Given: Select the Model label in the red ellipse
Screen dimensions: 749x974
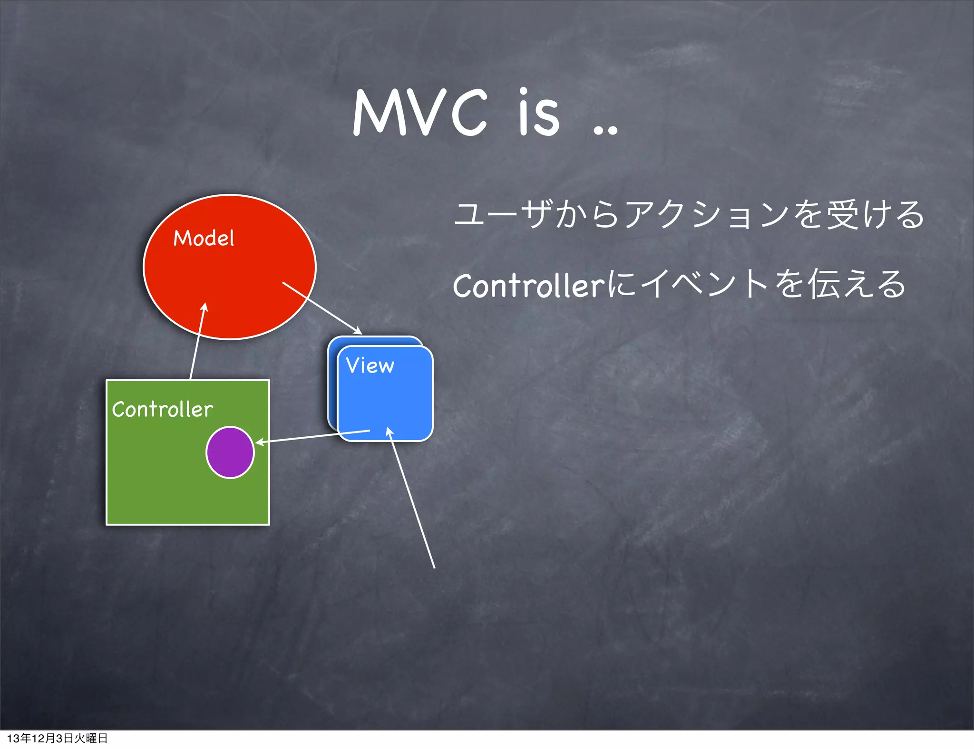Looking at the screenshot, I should (x=204, y=238).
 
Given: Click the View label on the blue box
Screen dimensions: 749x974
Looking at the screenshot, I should (x=370, y=365).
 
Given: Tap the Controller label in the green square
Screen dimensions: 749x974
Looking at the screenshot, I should (x=162, y=409).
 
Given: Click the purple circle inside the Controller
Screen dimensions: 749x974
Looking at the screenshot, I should (x=230, y=452).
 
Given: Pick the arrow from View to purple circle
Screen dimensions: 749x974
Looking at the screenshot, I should (x=314, y=436).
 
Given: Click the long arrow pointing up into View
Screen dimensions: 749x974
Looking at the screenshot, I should (x=412, y=499).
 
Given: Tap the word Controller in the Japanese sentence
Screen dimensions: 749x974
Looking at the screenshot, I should (x=528, y=286).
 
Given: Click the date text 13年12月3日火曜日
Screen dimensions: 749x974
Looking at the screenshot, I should (x=57, y=738).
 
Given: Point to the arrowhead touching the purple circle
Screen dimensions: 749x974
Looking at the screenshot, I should (x=259, y=442).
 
